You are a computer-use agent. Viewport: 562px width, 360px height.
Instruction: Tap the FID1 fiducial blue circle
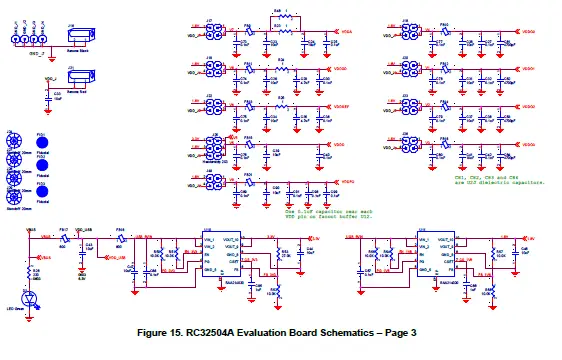[x=43, y=139]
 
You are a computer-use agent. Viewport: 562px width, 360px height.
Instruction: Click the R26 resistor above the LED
[x=37, y=271]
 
